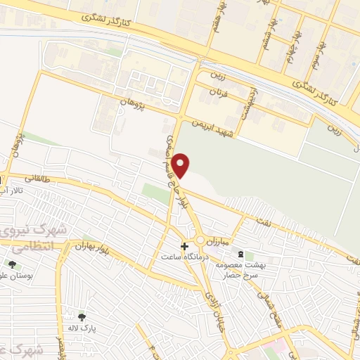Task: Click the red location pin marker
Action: point(181,165)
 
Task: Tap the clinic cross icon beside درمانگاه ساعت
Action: point(185,247)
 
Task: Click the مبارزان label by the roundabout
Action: point(221,240)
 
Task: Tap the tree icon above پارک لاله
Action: point(83,316)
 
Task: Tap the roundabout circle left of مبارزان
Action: point(200,240)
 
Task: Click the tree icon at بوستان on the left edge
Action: point(12,264)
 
